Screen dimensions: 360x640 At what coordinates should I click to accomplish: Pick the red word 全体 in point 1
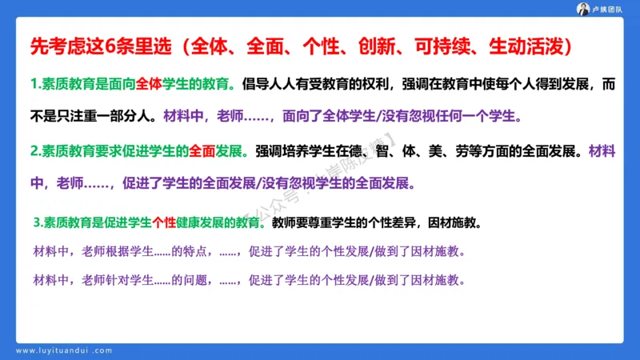pyautogui.click(x=149, y=85)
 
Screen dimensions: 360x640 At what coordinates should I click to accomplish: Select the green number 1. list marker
pyautogui.click(x=36, y=85)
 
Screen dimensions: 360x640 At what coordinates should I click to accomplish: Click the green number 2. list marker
pyautogui.click(x=36, y=150)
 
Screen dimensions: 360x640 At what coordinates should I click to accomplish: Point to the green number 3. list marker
pyautogui.click(x=39, y=222)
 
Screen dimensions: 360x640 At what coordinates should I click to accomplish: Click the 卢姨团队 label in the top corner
pyautogui.click(x=613, y=9)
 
